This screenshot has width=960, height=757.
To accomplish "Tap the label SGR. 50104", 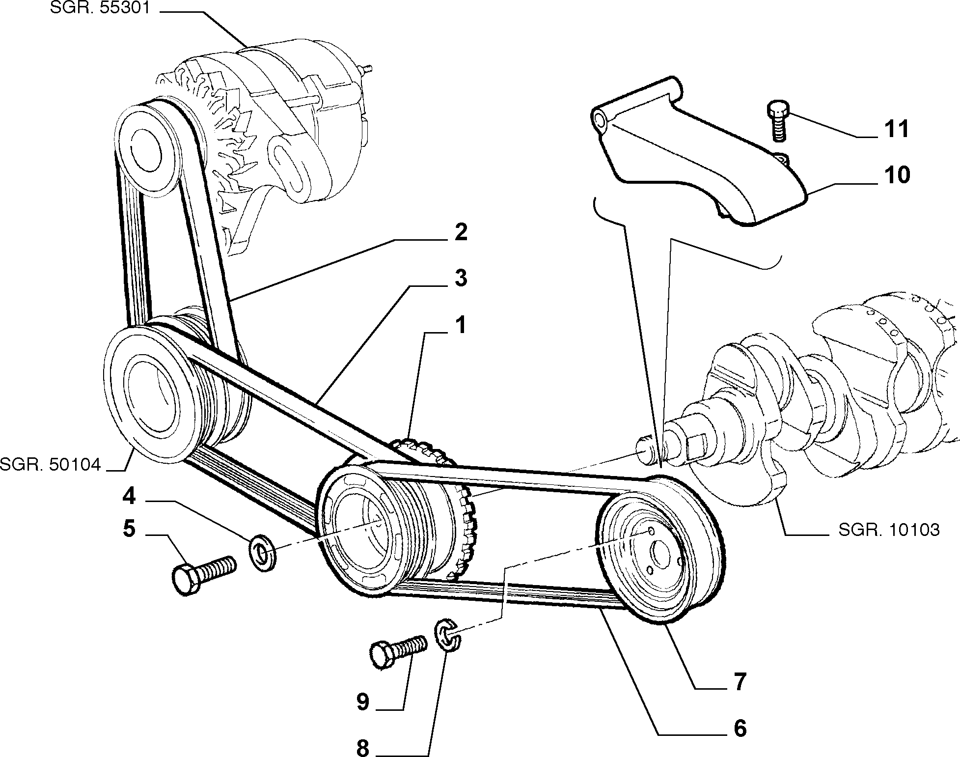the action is coord(50,464).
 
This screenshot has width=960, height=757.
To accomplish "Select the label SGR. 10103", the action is coord(889,530).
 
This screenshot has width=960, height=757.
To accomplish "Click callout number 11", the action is coord(897,129).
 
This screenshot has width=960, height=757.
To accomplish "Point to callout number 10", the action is coord(897,175).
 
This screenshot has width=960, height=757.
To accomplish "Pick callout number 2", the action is coord(461,232).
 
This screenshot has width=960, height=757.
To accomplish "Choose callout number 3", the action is coord(461,279).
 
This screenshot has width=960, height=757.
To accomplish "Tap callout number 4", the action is coord(129,497).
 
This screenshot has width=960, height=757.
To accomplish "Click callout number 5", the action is coord(129,529).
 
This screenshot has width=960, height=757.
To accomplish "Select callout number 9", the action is coord(362,702).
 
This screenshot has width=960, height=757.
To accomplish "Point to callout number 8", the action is coord(362,748).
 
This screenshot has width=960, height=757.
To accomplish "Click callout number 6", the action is coord(740,729).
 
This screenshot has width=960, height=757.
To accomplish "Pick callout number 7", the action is coord(740,682).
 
